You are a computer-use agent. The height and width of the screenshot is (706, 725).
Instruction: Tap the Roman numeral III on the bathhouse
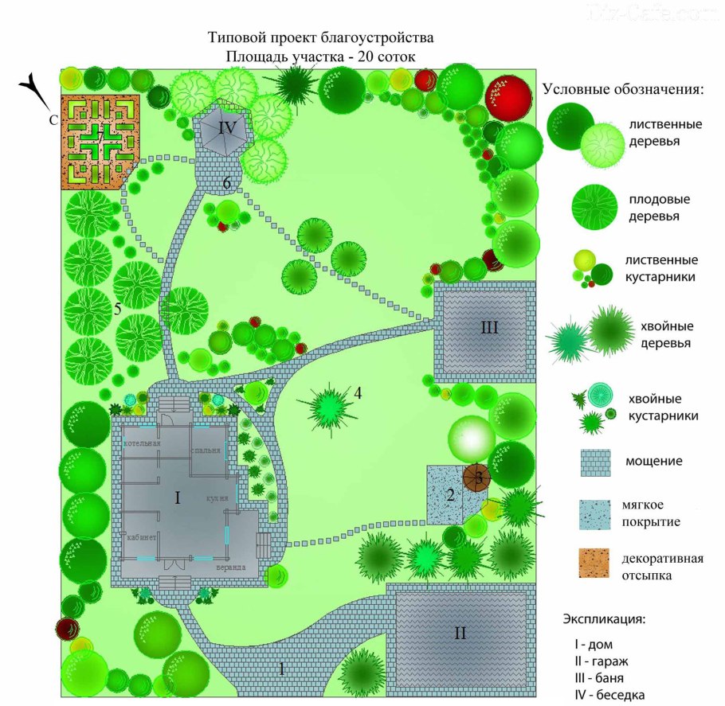[x=489, y=326]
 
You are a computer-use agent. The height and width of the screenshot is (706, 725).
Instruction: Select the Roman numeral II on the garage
[x=460, y=634]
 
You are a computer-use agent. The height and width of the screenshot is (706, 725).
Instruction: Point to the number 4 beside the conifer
[x=359, y=392]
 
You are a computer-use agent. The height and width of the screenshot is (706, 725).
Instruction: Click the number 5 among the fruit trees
[x=117, y=310]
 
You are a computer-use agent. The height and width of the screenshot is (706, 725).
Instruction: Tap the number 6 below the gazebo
[x=227, y=183]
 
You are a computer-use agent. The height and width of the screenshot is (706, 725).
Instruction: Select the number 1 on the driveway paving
[x=280, y=669]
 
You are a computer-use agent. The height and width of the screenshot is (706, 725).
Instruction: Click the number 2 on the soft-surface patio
[x=450, y=496]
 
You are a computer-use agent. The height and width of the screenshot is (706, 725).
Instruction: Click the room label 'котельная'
[x=142, y=443]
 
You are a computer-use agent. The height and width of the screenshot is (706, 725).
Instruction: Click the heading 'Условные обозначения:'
[x=624, y=89]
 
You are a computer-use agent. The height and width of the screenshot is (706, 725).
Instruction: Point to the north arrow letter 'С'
[x=51, y=120]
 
